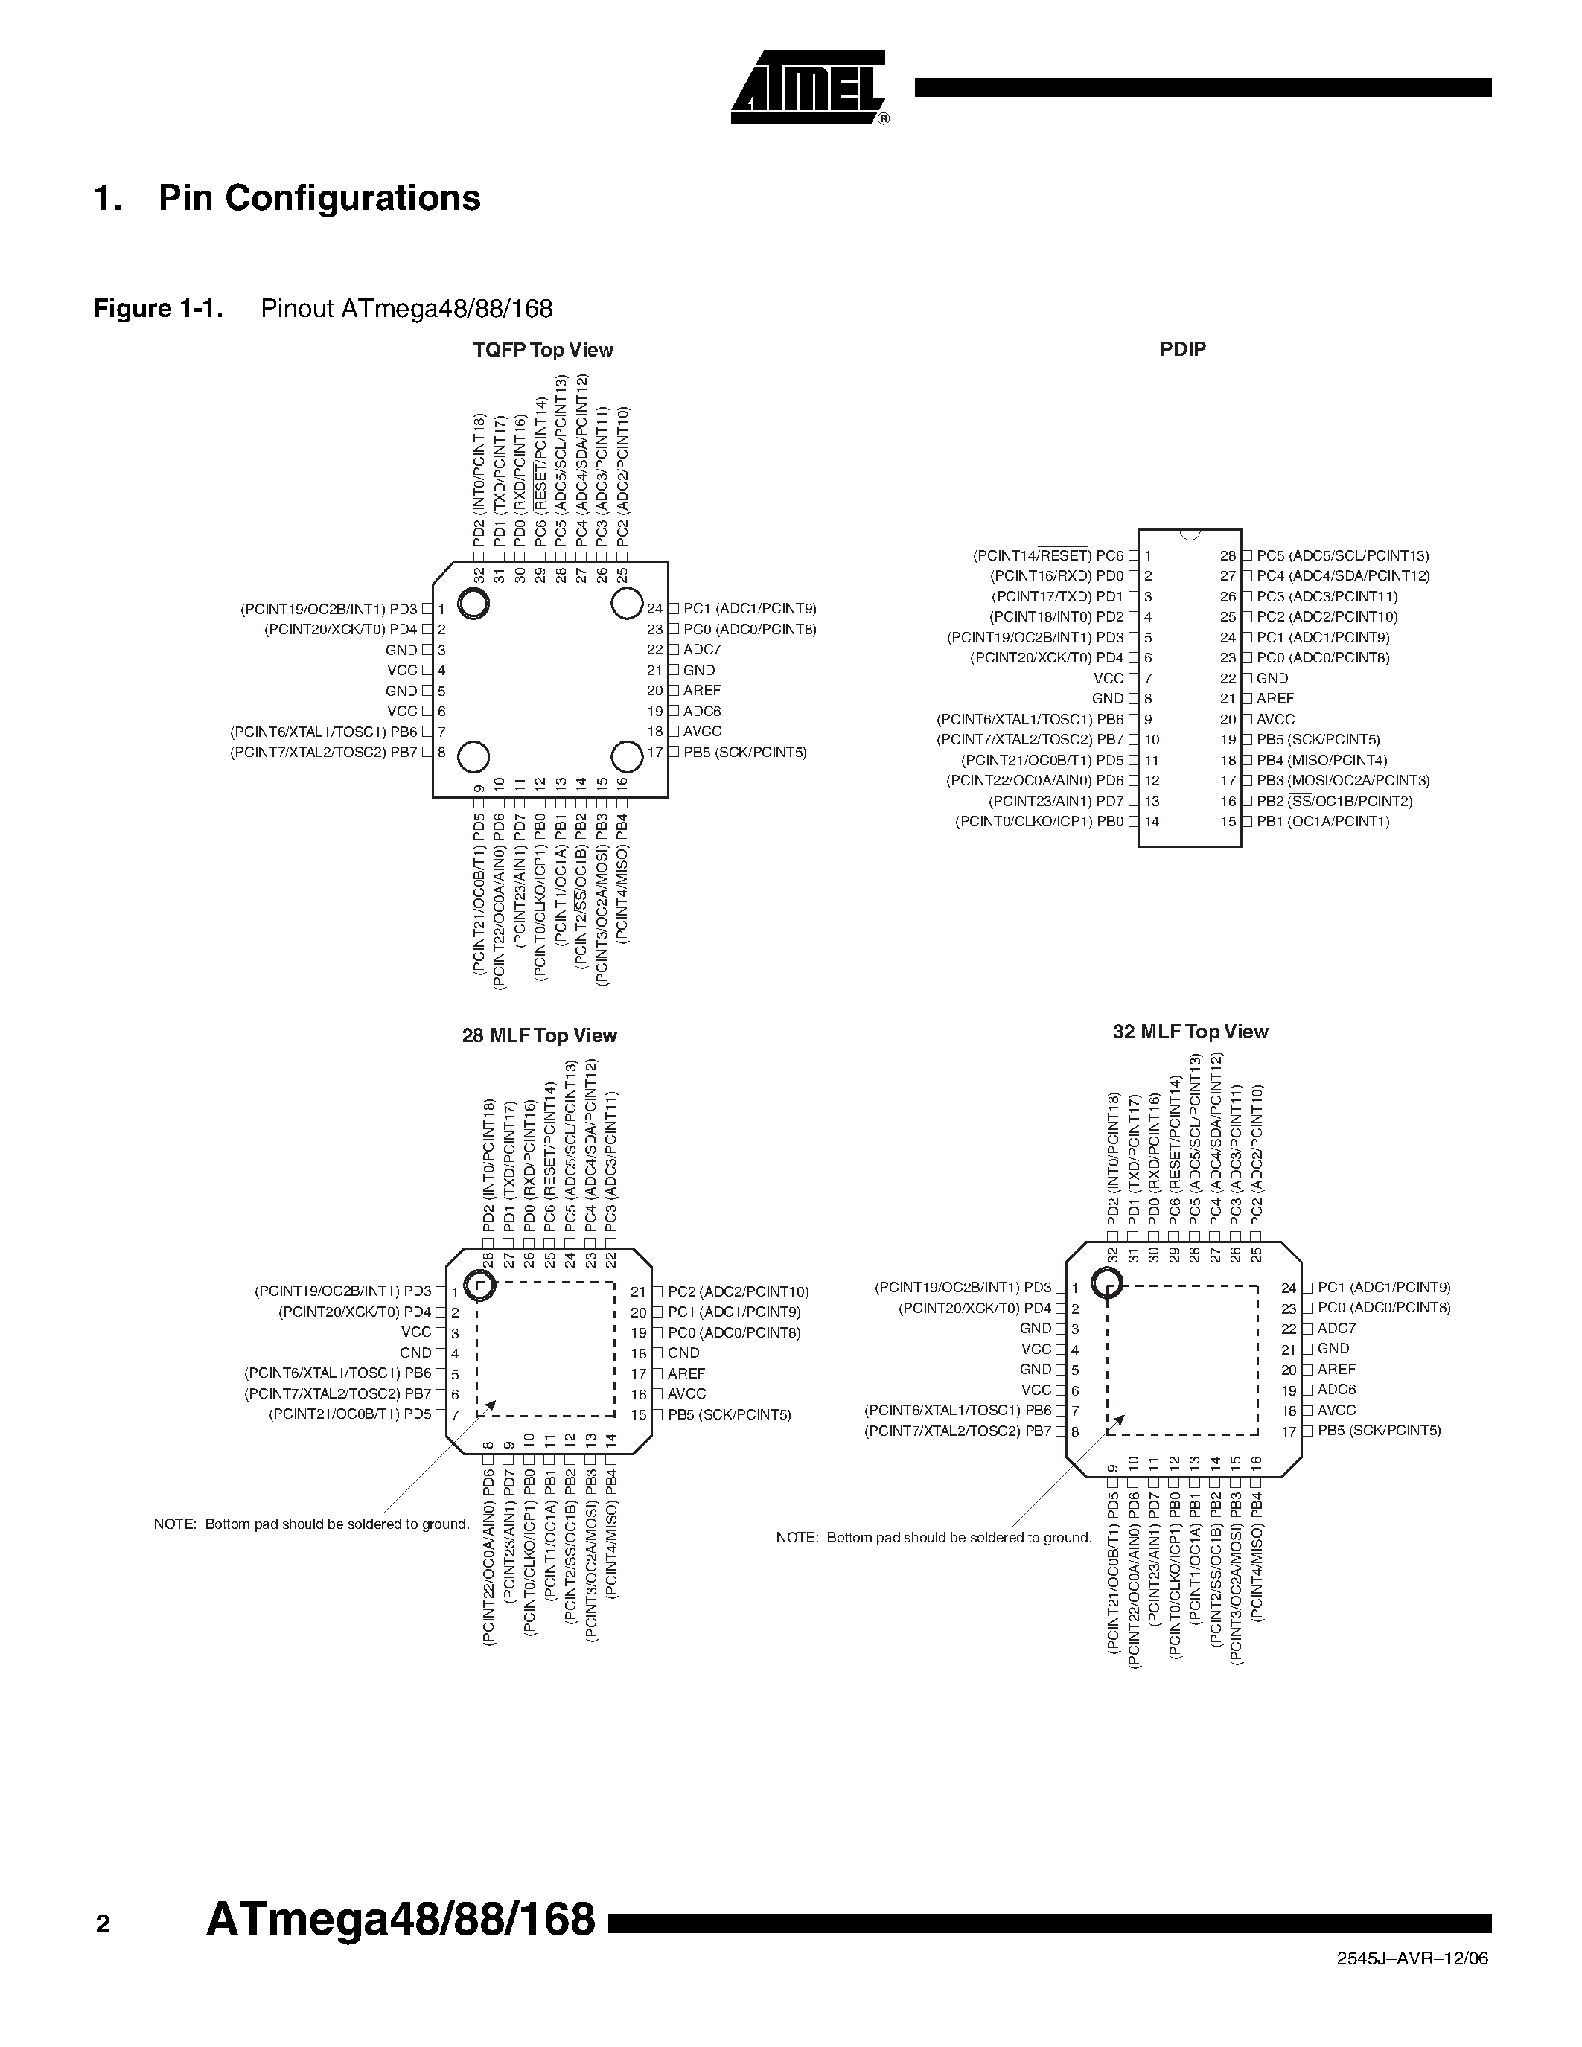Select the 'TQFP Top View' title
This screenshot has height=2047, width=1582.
pyautogui.click(x=543, y=351)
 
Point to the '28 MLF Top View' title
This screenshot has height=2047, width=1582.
pyautogui.click(x=539, y=1035)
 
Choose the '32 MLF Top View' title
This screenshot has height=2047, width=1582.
pyautogui.click(x=1190, y=1032)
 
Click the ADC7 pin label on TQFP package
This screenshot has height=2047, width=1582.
pyautogui.click(x=702, y=650)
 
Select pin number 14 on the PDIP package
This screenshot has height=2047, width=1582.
pyautogui.click(x=1152, y=822)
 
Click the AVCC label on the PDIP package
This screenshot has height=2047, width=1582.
pyautogui.click(x=1275, y=719)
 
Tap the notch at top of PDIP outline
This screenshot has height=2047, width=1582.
pyautogui.click(x=1190, y=534)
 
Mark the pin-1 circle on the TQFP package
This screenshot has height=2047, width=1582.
pyautogui.click(x=474, y=604)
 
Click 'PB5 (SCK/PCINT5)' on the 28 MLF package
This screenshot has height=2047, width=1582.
pyautogui.click(x=729, y=1414)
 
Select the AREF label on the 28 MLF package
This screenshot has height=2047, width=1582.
pyautogui.click(x=686, y=1373)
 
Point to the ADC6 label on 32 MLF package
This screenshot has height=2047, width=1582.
pyautogui.click(x=1336, y=1389)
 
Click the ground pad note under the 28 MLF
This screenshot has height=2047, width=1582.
pyautogui.click(x=311, y=1524)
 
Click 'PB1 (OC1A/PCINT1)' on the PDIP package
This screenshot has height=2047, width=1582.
pyautogui.click(x=1322, y=822)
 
